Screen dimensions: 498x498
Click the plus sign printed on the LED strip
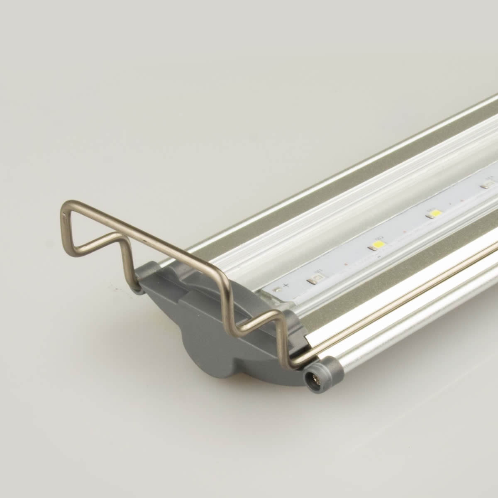[x=285, y=286]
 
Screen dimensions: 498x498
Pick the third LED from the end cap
[x=435, y=213]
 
